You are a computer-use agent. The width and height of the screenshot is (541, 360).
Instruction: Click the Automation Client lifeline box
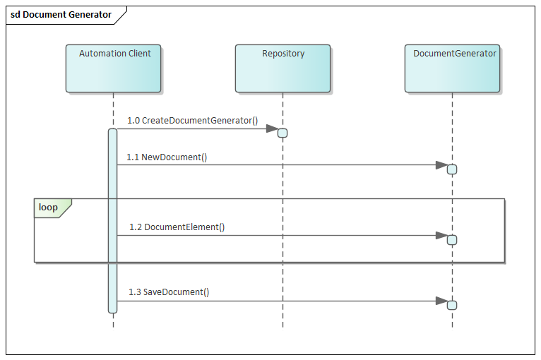click(113, 68)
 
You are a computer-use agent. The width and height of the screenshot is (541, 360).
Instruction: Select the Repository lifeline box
click(283, 68)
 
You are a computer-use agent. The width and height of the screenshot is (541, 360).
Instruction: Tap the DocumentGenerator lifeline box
click(452, 68)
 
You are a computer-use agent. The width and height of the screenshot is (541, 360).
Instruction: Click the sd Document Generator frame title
click(61, 15)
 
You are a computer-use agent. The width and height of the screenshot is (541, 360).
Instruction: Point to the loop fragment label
click(49, 208)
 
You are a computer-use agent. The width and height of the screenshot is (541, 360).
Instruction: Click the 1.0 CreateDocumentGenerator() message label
click(192, 121)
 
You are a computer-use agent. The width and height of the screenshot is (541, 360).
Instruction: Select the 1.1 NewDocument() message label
click(167, 157)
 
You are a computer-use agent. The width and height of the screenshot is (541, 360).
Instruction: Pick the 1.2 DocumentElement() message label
click(177, 227)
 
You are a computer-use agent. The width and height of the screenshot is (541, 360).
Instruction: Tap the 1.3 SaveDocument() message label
click(169, 292)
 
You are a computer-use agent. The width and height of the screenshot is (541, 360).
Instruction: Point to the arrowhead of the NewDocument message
click(441, 165)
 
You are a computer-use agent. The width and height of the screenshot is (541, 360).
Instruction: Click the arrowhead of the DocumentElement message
click(441, 236)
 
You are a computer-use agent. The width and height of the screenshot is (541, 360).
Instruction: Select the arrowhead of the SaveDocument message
click(441, 301)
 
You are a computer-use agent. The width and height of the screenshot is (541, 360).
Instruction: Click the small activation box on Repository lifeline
click(283, 133)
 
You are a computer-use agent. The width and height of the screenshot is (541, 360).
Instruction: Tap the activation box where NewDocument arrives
click(452, 169)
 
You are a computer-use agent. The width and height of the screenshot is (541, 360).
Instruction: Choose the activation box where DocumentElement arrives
click(452, 240)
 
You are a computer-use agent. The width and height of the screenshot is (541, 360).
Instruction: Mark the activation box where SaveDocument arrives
click(452, 305)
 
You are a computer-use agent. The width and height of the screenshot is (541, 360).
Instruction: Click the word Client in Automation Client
click(139, 54)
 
